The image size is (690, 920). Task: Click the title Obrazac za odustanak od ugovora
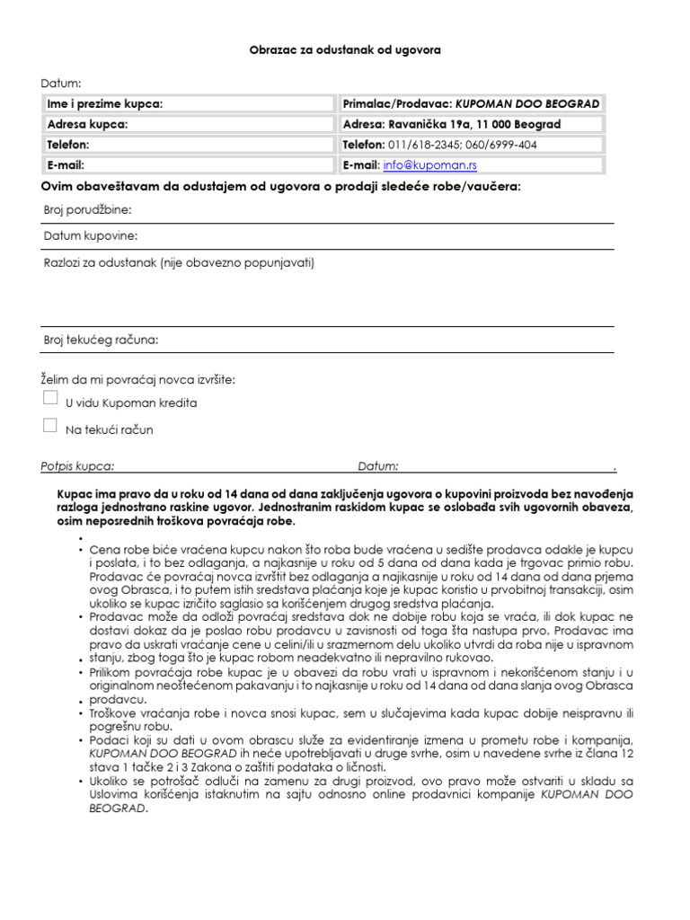[x=345, y=50]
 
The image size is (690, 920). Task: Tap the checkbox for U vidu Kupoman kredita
[x=50, y=398]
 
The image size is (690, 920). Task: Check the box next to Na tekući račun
[x=50, y=426]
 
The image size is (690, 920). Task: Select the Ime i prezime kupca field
[x=188, y=104]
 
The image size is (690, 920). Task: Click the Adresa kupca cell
[x=188, y=125]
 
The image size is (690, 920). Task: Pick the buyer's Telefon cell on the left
[x=188, y=145]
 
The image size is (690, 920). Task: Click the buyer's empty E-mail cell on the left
[x=188, y=165]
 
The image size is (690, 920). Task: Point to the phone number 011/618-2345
[x=420, y=145]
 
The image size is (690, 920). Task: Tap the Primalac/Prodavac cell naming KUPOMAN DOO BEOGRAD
[x=472, y=104]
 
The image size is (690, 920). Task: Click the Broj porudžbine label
[x=87, y=210]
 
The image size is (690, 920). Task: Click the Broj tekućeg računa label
[x=101, y=340]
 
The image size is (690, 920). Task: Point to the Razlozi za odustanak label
[x=179, y=263]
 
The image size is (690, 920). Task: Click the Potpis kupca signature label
[x=77, y=466]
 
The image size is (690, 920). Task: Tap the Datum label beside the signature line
[x=377, y=466]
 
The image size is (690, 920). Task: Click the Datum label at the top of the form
[x=60, y=84]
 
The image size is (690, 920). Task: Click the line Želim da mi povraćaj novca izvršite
[x=137, y=380]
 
